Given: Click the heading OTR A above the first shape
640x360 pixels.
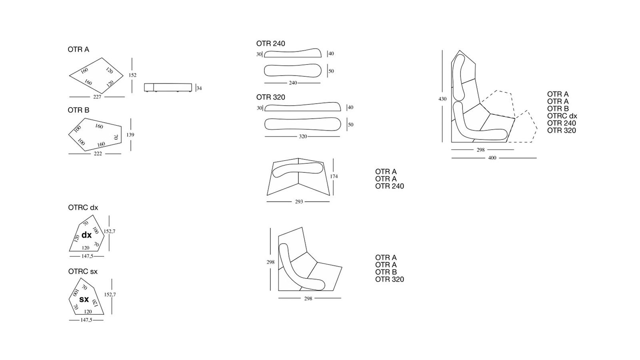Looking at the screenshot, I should coord(78,50).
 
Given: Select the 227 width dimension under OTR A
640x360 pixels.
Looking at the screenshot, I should coord(97,97).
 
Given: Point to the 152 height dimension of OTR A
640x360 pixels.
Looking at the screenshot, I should coord(132,75).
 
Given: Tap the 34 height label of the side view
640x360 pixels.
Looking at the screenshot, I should coord(199,88).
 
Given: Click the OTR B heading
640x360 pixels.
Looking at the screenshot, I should coord(78,110).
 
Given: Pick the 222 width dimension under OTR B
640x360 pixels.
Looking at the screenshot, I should coord(98,154).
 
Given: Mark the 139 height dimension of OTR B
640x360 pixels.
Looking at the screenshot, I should coord(130,135).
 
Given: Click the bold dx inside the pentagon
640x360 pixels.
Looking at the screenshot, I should coord(86,235).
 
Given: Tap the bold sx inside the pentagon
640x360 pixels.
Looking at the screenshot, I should coord(84,299).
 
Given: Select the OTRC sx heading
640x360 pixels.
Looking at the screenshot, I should coord(83,272).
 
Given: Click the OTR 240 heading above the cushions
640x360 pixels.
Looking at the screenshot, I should coord(271,44).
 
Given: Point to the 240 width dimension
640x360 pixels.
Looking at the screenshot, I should coord(293,83).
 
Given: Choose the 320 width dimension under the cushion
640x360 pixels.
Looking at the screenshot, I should coord(303,136).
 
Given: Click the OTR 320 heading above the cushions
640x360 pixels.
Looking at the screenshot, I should coord(271,97).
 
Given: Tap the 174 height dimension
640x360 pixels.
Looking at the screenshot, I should coord(334,176).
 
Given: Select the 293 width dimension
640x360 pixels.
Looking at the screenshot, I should coord(299,202).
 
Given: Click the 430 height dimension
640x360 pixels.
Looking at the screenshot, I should coord(442,99).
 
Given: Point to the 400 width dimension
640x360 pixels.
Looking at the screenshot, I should coord(492,158).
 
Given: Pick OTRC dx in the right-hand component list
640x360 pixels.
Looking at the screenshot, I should coord(562,116).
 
